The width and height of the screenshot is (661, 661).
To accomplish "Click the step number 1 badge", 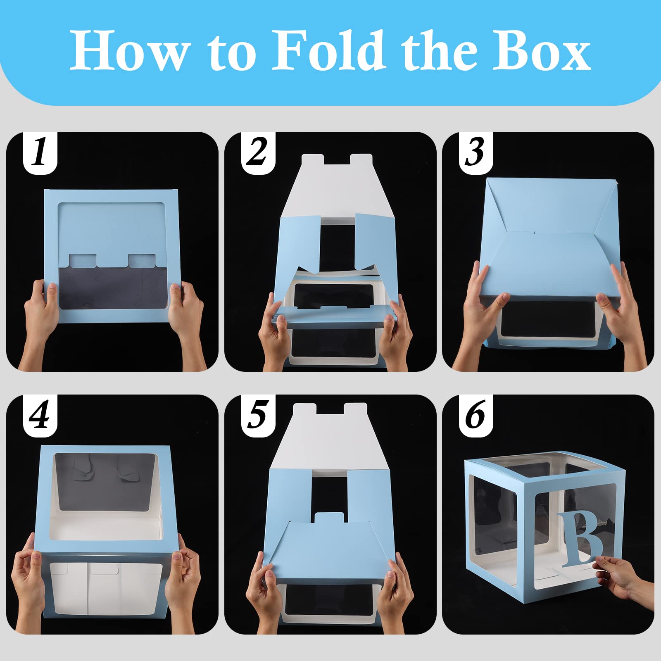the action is click(x=40, y=153).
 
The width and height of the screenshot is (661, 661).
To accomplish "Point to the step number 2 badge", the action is click(x=258, y=153).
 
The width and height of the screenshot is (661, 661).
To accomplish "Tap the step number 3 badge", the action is click(x=476, y=153).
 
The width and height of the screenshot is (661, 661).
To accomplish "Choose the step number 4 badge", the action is click(x=40, y=416).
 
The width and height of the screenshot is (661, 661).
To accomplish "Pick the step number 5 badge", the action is click(x=258, y=416).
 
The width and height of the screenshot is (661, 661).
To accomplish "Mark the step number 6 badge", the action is click(x=476, y=416).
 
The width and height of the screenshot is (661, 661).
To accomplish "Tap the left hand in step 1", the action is click(x=40, y=318).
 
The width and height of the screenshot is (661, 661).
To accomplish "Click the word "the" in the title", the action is click(x=439, y=50).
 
